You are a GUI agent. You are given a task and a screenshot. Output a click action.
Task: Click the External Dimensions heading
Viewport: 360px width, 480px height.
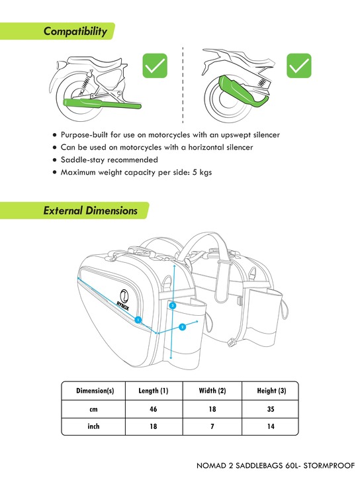click(x=91, y=211)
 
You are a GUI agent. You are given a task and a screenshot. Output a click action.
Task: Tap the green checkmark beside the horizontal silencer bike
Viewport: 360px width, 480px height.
click(x=155, y=66)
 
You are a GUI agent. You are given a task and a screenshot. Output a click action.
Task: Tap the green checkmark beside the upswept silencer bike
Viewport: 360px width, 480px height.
click(x=299, y=66)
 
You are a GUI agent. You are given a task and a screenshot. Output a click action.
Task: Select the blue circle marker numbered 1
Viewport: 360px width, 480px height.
click(x=138, y=319)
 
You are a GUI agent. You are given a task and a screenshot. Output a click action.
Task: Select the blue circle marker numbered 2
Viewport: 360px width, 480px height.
click(x=181, y=326)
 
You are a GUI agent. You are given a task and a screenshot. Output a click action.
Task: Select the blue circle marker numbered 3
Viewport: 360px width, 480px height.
click(x=172, y=305)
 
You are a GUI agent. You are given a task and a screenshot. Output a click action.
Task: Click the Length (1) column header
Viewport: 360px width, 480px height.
click(x=154, y=391)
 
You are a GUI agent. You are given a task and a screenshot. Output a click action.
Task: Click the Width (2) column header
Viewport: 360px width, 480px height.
click(x=212, y=391)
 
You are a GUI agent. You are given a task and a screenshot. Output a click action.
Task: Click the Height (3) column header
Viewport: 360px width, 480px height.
click(x=271, y=391)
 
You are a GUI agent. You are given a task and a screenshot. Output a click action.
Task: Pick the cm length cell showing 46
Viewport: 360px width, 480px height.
click(x=154, y=409)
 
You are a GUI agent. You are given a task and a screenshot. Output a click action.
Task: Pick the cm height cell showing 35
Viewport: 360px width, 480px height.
click(x=271, y=409)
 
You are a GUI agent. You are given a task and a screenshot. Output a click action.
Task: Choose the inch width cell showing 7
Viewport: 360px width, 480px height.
click(x=212, y=427)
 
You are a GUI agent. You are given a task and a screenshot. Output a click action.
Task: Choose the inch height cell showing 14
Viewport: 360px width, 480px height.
click(x=271, y=427)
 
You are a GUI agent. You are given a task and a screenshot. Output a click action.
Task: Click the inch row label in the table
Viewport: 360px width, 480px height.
click(x=94, y=427)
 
